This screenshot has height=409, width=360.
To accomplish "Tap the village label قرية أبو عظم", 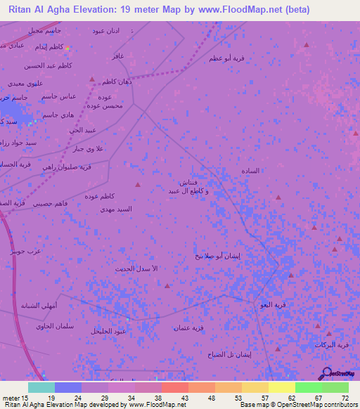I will [226, 58].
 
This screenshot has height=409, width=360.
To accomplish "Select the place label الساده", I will [250, 171].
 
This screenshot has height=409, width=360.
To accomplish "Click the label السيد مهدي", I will [115, 209].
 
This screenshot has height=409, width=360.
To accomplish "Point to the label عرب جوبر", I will [26, 250].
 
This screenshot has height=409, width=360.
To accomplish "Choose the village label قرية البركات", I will [331, 344].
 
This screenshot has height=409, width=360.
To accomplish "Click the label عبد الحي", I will [82, 130].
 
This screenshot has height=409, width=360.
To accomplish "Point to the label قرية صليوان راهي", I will [67, 167].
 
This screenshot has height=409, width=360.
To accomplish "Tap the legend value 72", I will [344, 398].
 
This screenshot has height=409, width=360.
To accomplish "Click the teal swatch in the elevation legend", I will [41, 387].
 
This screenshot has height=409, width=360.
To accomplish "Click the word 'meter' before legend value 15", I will [13, 398].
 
